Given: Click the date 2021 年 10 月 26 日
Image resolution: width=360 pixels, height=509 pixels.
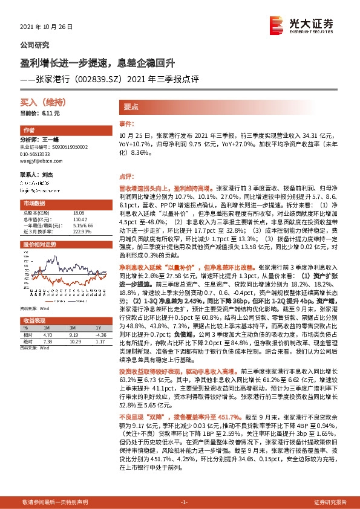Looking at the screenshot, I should (46, 28).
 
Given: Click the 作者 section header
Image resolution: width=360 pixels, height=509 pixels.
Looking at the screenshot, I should (29, 131).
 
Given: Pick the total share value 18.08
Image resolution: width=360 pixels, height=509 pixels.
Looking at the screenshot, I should (78, 213).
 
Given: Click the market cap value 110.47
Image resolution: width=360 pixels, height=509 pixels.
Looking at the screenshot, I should (79, 219).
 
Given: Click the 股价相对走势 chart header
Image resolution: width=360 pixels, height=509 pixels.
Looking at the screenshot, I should (39, 244).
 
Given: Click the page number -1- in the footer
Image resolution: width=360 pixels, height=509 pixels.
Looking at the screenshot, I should (185, 502).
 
